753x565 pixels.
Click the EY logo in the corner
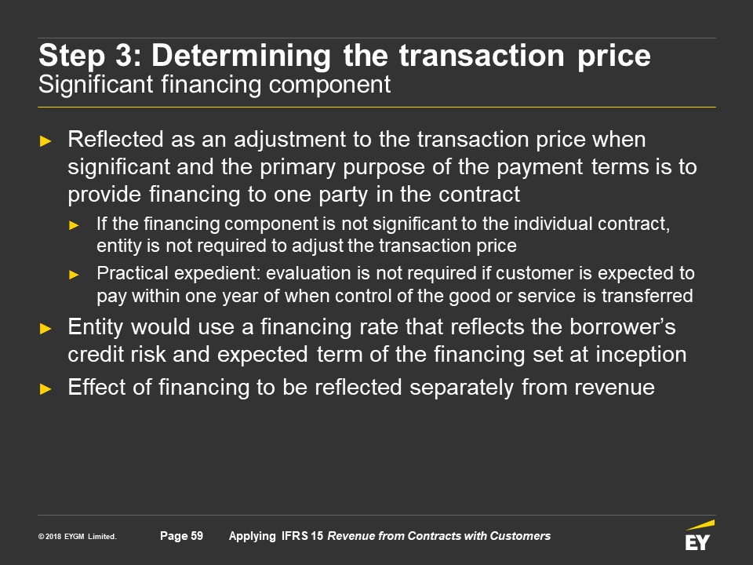(699, 535)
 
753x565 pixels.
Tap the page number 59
(197, 536)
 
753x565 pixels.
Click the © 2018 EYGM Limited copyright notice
(78, 536)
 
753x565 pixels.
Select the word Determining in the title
(241, 56)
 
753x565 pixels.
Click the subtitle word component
(329, 86)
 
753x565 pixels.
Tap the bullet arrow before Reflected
(45, 140)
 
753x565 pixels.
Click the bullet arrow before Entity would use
(45, 329)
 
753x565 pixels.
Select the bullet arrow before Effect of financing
(45, 388)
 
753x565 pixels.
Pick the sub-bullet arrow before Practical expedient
(74, 275)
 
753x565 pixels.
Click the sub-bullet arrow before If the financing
(74, 225)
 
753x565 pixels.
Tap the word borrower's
(622, 326)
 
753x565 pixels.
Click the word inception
(641, 355)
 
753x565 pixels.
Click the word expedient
(216, 274)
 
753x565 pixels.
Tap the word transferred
(647, 296)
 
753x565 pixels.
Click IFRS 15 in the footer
(303, 536)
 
